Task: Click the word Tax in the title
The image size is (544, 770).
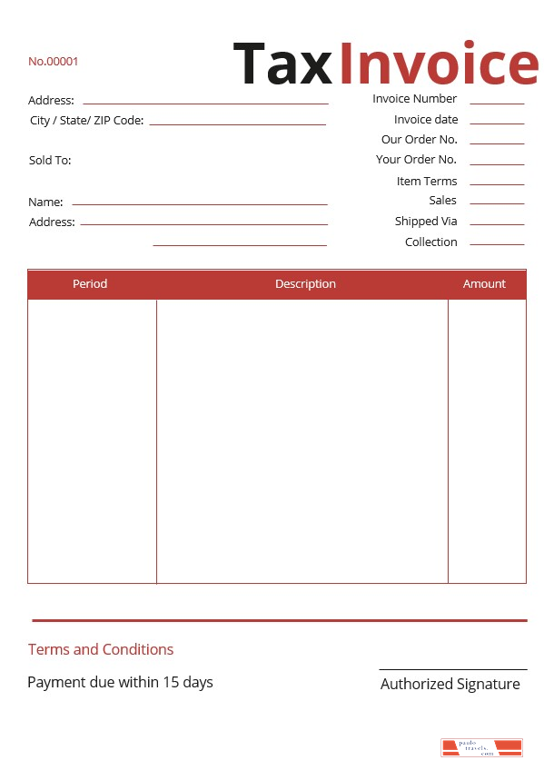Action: coord(284,64)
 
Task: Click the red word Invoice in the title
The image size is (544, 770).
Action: coord(439,64)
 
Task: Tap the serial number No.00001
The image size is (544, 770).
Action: coord(54,62)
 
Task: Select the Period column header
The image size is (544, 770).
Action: coord(90,284)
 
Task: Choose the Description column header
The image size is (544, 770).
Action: coord(305,284)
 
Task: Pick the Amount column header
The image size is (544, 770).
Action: coord(484,284)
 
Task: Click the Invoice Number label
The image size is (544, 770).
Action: coord(414,99)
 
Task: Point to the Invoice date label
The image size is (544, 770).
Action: coord(426,120)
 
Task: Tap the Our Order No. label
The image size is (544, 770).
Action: coord(419,140)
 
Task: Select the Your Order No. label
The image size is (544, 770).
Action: coord(416,160)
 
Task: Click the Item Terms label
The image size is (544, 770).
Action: coord(426,182)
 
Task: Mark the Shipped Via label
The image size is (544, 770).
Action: coord(426,222)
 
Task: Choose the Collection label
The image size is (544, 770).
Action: coord(430,242)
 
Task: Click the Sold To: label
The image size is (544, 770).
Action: coord(50,161)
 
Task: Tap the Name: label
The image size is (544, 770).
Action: coord(45,202)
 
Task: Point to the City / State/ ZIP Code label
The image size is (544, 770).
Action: coord(86,121)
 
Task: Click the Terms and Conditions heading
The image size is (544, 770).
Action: coord(101,649)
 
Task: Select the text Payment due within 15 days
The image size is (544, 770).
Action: coord(120,682)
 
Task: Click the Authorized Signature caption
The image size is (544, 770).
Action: coord(450,685)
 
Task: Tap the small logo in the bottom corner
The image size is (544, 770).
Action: coord(481,747)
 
